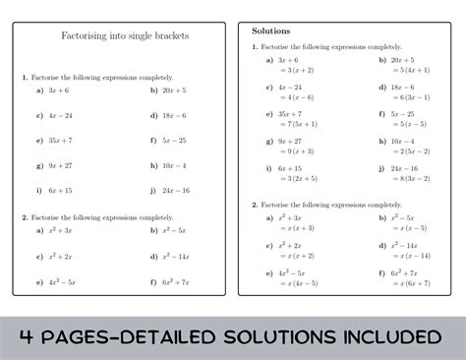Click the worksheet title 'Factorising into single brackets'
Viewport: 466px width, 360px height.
125,36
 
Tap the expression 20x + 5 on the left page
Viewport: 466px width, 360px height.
174,90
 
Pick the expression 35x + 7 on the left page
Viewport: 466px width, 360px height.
62,140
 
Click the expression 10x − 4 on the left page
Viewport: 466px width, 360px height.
174,165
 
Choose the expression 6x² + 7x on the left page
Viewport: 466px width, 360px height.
176,281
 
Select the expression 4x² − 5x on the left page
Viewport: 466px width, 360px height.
65,281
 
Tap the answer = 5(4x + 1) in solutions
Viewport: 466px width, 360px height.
410,71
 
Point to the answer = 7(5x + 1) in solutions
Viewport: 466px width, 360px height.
297,124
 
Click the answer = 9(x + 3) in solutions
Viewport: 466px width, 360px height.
295,151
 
